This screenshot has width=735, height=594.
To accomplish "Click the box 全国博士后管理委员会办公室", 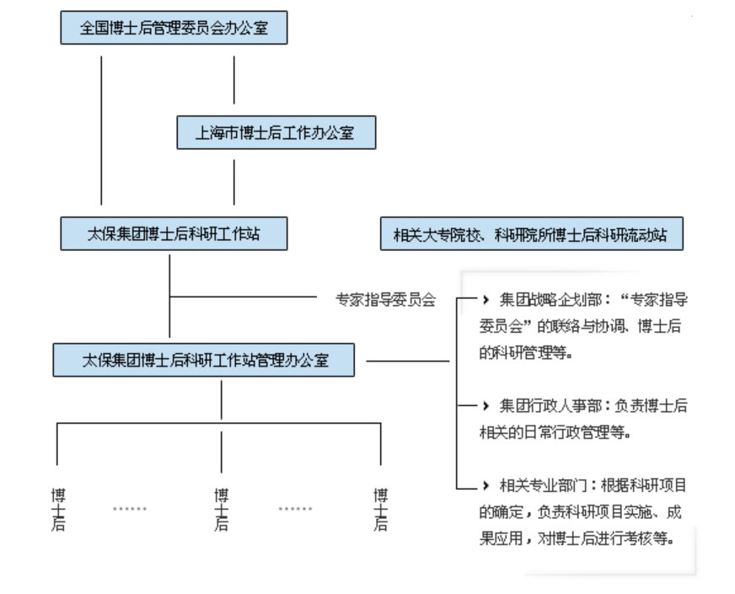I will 174,28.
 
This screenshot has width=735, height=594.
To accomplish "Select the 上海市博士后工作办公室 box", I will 276,132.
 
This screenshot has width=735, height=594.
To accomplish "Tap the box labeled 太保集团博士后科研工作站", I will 174,234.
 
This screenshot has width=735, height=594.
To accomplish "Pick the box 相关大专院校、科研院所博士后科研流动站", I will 531,235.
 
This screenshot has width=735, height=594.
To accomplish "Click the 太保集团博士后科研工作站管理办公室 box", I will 204,360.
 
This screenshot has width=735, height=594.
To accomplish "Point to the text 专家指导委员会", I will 385,298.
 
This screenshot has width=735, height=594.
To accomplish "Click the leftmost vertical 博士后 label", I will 58,509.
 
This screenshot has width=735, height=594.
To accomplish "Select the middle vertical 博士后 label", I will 221,509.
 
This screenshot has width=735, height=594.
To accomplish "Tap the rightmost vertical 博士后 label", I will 381,509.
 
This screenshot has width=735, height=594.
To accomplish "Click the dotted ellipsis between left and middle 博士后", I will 129,509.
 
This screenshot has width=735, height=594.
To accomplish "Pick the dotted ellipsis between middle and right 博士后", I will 295,509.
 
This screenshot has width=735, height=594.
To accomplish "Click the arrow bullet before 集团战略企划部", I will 486,299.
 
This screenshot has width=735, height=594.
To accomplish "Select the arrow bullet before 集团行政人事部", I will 486,405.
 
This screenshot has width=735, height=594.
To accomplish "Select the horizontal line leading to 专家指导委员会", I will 244,297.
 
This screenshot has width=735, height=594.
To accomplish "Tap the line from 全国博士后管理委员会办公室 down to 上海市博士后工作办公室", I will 234,80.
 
